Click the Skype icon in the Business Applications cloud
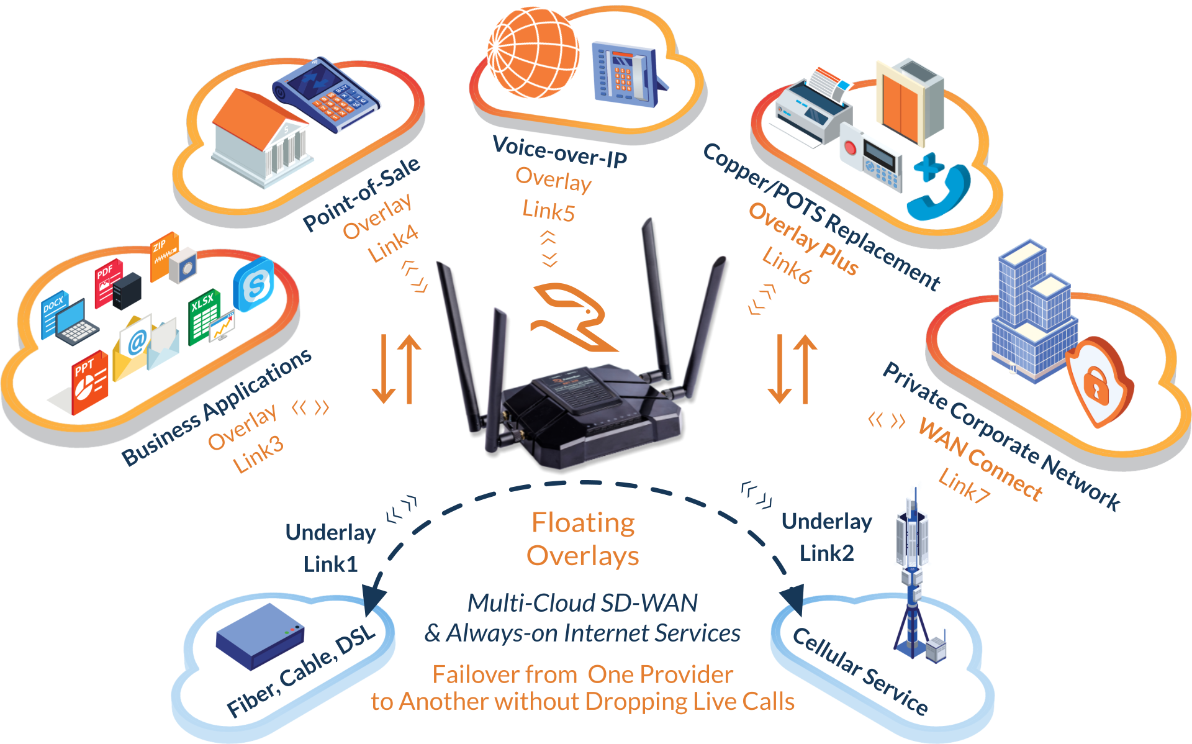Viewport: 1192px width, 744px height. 254,284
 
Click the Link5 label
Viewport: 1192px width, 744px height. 548,211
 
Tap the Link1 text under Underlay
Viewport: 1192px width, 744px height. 331,564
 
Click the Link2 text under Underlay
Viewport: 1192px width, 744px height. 827,553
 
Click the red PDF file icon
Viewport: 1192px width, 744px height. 107,283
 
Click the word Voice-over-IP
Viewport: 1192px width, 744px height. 559,151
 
